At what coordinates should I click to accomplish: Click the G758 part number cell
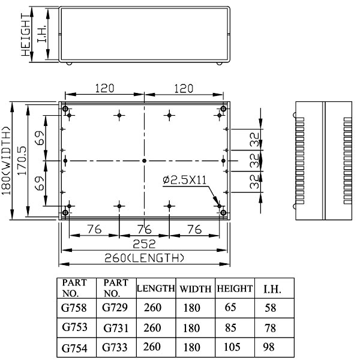pyautogui.click(x=74, y=308)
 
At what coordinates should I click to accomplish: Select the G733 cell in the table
pyautogui.click(x=115, y=347)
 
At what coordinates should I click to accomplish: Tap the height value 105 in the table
pyautogui.click(x=232, y=347)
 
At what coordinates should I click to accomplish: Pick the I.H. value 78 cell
pyautogui.click(x=270, y=328)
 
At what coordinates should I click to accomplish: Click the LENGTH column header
pyautogui.click(x=156, y=288)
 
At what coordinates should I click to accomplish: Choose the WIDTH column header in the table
pyautogui.click(x=196, y=289)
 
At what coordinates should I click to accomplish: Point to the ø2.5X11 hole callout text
pyautogui.click(x=184, y=180)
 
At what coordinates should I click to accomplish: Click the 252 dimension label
pyautogui.click(x=145, y=244)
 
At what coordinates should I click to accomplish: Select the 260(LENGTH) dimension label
pyautogui.click(x=145, y=258)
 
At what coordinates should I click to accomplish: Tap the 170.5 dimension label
pyautogui.click(x=22, y=161)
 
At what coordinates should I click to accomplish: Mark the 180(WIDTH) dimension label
pyautogui.click(x=6, y=161)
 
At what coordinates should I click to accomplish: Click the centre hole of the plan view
pyautogui.click(x=145, y=161)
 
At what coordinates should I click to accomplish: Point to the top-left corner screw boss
pyautogui.click(x=65, y=109)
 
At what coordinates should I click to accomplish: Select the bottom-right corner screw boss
pyautogui.click(x=223, y=212)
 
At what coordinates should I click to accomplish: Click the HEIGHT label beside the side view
pyautogui.click(x=26, y=35)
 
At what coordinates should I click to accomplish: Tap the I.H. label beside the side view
pyautogui.click(x=42, y=34)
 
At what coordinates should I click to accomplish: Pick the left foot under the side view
pyautogui.click(x=69, y=64)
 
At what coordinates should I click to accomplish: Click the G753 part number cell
pyautogui.click(x=74, y=327)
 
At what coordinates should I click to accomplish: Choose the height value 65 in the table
pyautogui.click(x=230, y=307)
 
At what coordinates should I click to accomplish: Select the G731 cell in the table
pyautogui.click(x=116, y=328)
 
